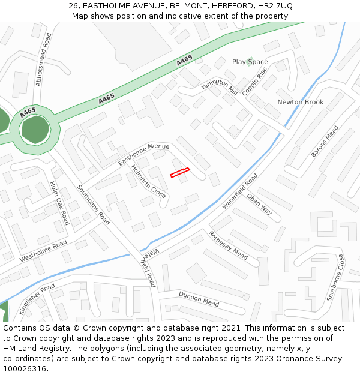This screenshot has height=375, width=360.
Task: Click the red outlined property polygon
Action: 179,173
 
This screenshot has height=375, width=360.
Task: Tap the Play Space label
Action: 250,62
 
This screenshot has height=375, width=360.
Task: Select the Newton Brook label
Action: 300,102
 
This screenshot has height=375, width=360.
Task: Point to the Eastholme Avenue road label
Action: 144,154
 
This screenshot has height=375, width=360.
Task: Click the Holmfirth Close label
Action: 148,182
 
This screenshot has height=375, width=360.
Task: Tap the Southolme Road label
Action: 94,205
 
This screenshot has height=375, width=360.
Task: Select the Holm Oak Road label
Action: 59,203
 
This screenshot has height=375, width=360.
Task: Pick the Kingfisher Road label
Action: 37,299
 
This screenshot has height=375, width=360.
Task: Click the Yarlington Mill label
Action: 219,87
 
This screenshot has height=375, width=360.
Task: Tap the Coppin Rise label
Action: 254,80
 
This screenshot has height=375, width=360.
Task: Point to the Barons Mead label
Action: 325,142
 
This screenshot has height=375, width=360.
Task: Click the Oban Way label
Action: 260,204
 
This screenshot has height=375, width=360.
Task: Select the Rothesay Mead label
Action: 228,245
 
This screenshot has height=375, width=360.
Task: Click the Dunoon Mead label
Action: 199,299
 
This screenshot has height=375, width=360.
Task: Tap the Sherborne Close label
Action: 335,277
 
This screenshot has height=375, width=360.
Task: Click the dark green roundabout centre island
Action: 35,130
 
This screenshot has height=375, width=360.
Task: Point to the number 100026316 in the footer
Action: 24,369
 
